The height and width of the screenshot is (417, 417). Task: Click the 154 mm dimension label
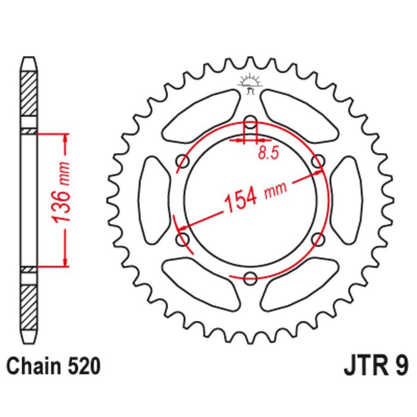click(x=256, y=196)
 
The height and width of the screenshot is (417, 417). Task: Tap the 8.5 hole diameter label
click(x=268, y=153)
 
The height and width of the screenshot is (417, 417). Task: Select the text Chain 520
click(x=54, y=366)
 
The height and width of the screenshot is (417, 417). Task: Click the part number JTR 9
click(x=376, y=366)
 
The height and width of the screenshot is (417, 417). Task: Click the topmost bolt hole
click(x=250, y=122)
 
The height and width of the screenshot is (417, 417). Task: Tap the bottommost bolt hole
click(x=250, y=278)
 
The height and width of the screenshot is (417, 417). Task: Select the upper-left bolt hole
click(x=183, y=161)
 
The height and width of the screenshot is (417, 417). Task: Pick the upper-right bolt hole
click(x=318, y=161)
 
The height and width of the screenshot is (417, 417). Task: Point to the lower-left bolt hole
click(x=183, y=239)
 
